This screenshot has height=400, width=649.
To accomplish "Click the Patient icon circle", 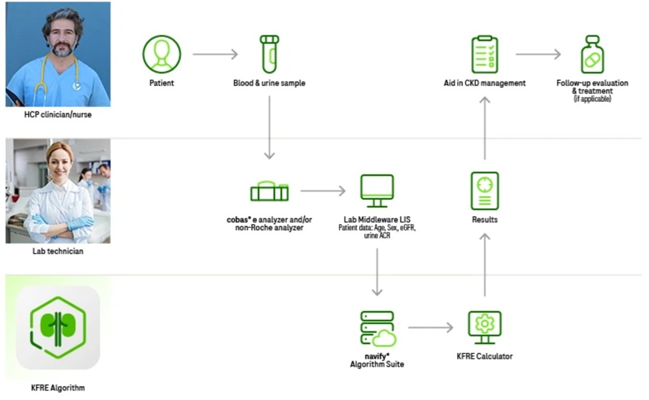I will coord(161,54).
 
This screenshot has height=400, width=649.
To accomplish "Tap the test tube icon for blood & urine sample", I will coord(269,54).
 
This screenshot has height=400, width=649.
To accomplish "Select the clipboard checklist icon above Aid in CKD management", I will coord(484,54).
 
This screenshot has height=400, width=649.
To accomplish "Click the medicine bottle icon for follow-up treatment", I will coord(592,54).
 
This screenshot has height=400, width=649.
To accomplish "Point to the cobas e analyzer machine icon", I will coord(269,191).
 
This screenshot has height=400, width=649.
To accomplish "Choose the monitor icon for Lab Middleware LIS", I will coord(376,191).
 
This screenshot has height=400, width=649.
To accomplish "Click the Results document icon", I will coord(484,191).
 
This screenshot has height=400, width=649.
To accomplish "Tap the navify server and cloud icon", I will coord(376,328).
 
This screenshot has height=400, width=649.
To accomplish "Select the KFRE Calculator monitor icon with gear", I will coord(484,327).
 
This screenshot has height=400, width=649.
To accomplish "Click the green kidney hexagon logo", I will coord(58,327).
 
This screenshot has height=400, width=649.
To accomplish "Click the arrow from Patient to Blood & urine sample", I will coord(215,54).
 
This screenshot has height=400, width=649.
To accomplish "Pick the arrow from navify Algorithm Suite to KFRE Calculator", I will coord(430,327).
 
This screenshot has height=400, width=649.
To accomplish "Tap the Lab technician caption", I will coord(58,251).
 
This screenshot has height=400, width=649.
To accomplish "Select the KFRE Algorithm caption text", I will coord(58,387).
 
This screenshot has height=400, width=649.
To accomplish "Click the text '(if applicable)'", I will coord(592,99).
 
